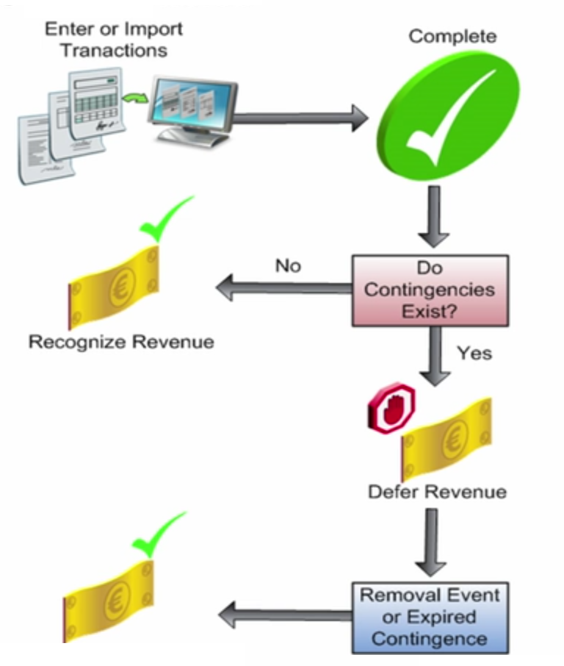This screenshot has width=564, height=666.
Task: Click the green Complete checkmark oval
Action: pyautogui.click(x=448, y=115)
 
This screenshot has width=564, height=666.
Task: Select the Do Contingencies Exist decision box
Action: pyautogui.click(x=430, y=290)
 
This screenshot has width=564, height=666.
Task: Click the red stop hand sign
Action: pyautogui.click(x=391, y=407)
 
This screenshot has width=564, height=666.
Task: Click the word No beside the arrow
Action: pyautogui.click(x=288, y=265)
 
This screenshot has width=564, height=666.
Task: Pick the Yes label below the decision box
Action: pyautogui.click(x=474, y=353)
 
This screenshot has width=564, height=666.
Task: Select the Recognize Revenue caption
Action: pyautogui.click(x=121, y=342)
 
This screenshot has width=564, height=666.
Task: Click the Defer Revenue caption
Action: pyautogui.click(x=437, y=491)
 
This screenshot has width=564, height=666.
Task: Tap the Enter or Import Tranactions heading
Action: pyautogui.click(x=114, y=40)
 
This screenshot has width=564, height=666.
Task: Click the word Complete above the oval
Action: pyautogui.click(x=452, y=36)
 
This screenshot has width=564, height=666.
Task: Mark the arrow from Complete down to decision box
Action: pyautogui.click(x=433, y=217)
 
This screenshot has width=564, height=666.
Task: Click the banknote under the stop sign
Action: pyautogui.click(x=446, y=438)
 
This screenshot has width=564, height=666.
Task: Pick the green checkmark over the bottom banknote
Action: pyautogui.click(x=156, y=537)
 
